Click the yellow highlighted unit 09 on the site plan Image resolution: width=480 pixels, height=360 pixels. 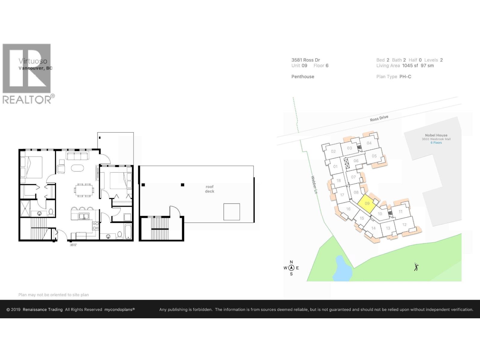click(367, 203)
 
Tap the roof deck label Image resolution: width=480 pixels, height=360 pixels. click(209, 189)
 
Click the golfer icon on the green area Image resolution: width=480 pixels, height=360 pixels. click(416, 267)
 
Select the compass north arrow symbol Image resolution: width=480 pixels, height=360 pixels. click(291, 268)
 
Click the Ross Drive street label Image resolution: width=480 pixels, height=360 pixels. click(379, 118)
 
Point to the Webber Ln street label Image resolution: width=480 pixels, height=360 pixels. click(314, 184)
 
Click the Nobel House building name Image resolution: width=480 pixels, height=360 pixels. click(436, 135)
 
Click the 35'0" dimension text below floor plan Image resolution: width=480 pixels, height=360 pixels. click(73, 245)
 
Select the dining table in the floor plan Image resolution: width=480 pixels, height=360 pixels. click(84, 190)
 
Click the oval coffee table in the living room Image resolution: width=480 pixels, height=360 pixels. click(77, 168)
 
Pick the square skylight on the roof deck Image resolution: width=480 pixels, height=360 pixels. click(232, 212)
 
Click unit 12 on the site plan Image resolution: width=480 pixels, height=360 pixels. click(404, 224)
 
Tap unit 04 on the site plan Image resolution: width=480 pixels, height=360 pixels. click(369, 143)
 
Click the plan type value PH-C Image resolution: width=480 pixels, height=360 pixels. click(405, 76)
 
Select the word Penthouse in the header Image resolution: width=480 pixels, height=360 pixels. click(303, 76)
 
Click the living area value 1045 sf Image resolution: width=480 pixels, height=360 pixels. click(410, 65)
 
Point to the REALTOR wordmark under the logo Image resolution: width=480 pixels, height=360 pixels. click(27, 100)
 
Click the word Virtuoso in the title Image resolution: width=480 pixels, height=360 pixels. click(33, 61)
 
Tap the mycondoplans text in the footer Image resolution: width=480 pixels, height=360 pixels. click(119, 310)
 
